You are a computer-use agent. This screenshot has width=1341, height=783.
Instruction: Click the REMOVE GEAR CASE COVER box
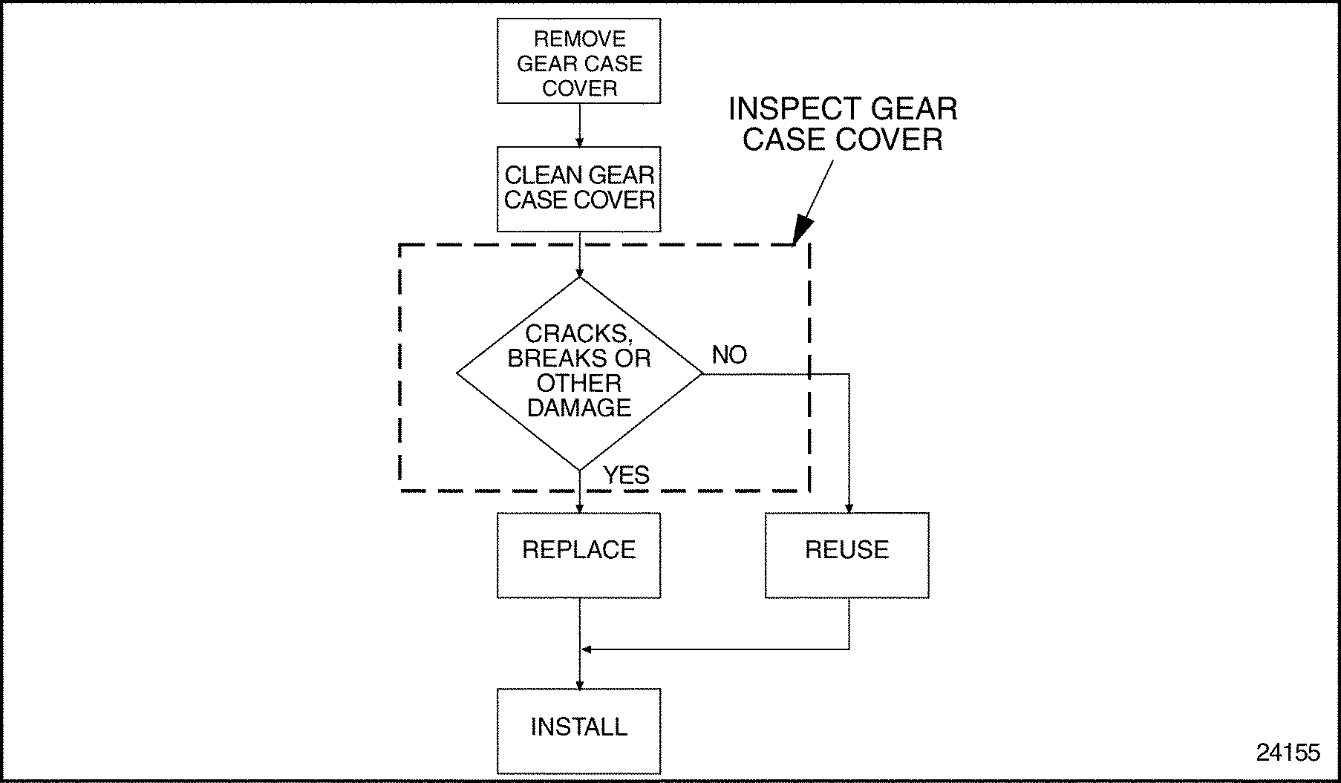coord(578,61)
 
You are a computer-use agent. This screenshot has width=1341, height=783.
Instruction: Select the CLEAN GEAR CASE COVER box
coord(578,189)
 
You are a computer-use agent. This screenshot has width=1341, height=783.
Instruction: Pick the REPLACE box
coord(578,554)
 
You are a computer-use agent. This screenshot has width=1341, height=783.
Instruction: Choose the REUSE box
coord(846,554)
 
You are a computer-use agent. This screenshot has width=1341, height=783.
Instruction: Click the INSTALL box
coord(578,731)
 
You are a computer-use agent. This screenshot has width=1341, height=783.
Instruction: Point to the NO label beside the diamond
coord(729,356)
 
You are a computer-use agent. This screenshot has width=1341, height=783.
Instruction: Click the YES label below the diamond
coord(626,475)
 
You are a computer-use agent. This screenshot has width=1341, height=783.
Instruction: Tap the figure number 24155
coord(1288,753)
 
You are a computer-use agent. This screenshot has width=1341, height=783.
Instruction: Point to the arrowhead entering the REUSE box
coord(849,508)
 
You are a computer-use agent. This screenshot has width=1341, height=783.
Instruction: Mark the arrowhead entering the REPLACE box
coord(579,508)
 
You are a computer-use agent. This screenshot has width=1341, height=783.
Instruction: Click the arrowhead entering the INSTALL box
coord(579,684)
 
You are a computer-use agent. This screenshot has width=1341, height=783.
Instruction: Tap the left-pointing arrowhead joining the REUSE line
coord(586,649)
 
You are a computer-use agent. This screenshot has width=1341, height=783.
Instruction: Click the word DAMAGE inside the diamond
coord(578,407)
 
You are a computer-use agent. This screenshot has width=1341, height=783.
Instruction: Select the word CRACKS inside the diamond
coord(578,334)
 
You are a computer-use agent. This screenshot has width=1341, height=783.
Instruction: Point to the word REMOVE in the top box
coord(579,39)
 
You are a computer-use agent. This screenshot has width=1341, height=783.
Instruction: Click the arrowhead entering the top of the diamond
coord(579,272)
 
